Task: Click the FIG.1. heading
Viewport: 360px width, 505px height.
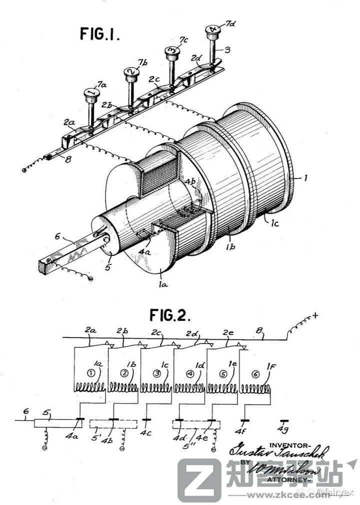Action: tap(99, 34)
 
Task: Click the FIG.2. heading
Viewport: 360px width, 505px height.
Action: tap(170, 315)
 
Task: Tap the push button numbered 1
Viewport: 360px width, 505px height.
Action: tap(91, 93)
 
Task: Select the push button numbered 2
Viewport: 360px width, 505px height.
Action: tap(131, 72)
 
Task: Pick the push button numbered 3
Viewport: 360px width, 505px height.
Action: tap(171, 50)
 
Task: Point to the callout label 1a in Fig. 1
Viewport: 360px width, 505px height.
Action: tap(162, 284)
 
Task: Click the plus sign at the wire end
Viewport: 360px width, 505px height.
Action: tap(315, 315)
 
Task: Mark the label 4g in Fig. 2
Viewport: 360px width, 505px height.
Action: tap(284, 431)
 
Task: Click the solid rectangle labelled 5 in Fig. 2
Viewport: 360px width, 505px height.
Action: tap(53, 423)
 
